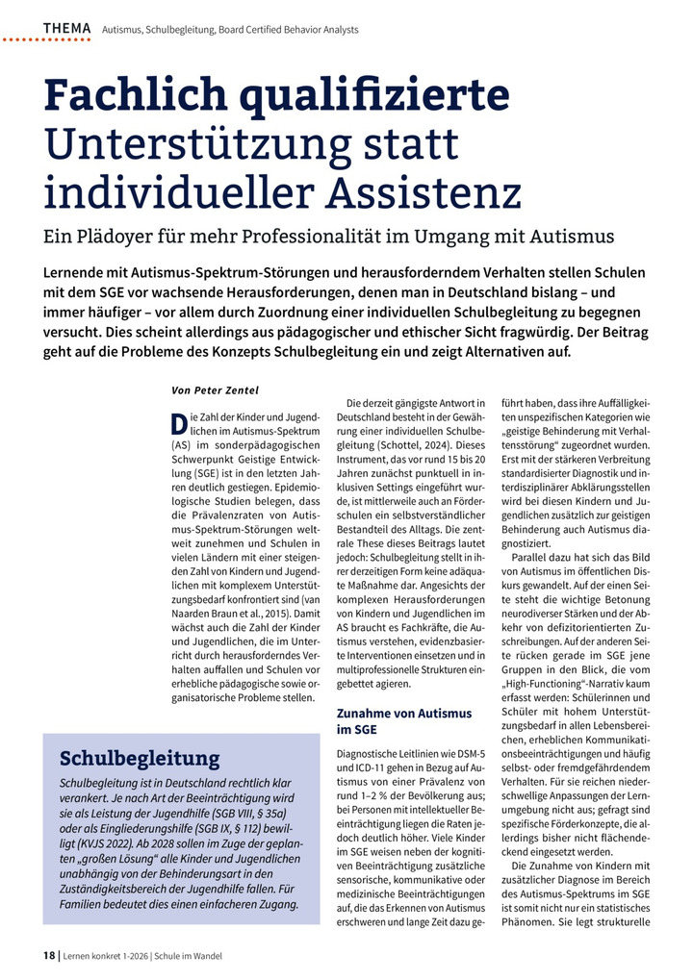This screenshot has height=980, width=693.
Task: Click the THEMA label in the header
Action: click(x=67, y=29)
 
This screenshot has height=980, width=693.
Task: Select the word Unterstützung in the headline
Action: click(x=186, y=144)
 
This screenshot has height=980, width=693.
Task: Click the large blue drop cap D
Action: click(x=178, y=424)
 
